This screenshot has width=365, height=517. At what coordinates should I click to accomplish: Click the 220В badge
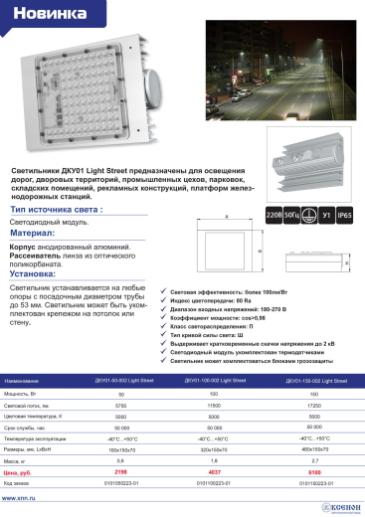[x=274, y=215]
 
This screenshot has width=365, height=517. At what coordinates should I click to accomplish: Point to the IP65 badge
[x=344, y=215]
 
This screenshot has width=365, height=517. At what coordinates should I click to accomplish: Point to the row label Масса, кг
[x=19, y=461]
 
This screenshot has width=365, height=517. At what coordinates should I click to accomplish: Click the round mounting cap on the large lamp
[x=157, y=79]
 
